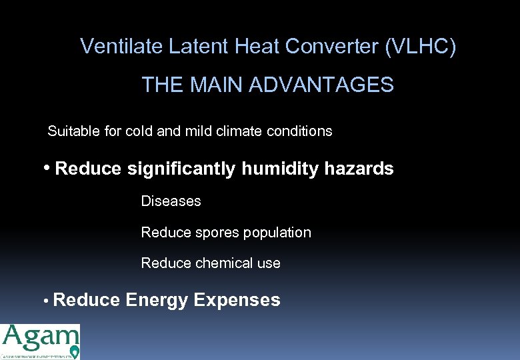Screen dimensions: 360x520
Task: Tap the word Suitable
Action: (74, 131)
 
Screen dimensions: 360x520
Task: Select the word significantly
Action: (181, 169)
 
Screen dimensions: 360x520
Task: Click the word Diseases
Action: (171, 201)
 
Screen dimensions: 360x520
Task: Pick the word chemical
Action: (225, 263)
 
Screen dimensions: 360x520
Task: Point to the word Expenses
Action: (237, 301)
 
